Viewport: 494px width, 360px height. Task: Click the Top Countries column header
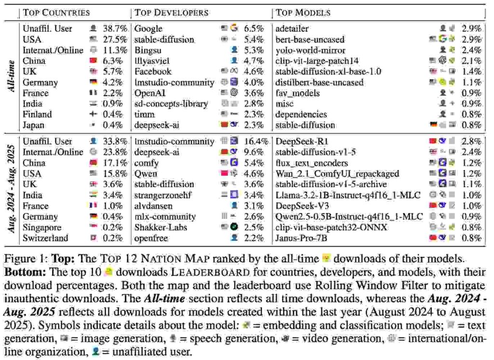[x=56, y=13]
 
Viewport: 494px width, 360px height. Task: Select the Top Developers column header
[x=172, y=13]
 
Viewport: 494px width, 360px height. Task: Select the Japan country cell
[x=34, y=125]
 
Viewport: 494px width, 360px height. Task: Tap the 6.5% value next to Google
[x=254, y=29]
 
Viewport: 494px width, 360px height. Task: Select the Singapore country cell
[x=42, y=227]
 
